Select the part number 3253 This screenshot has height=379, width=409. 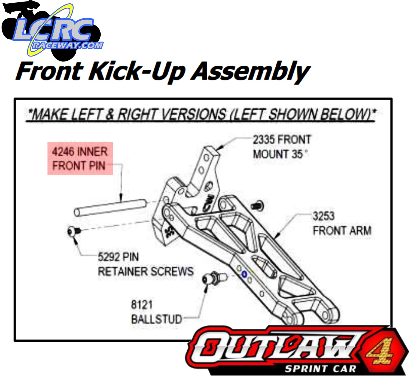coord(323,216)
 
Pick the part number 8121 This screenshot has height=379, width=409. coord(142,305)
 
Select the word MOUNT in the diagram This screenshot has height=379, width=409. coord(271,154)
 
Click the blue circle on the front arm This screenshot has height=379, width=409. coord(244,274)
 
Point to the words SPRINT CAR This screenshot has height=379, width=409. coord(320,369)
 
